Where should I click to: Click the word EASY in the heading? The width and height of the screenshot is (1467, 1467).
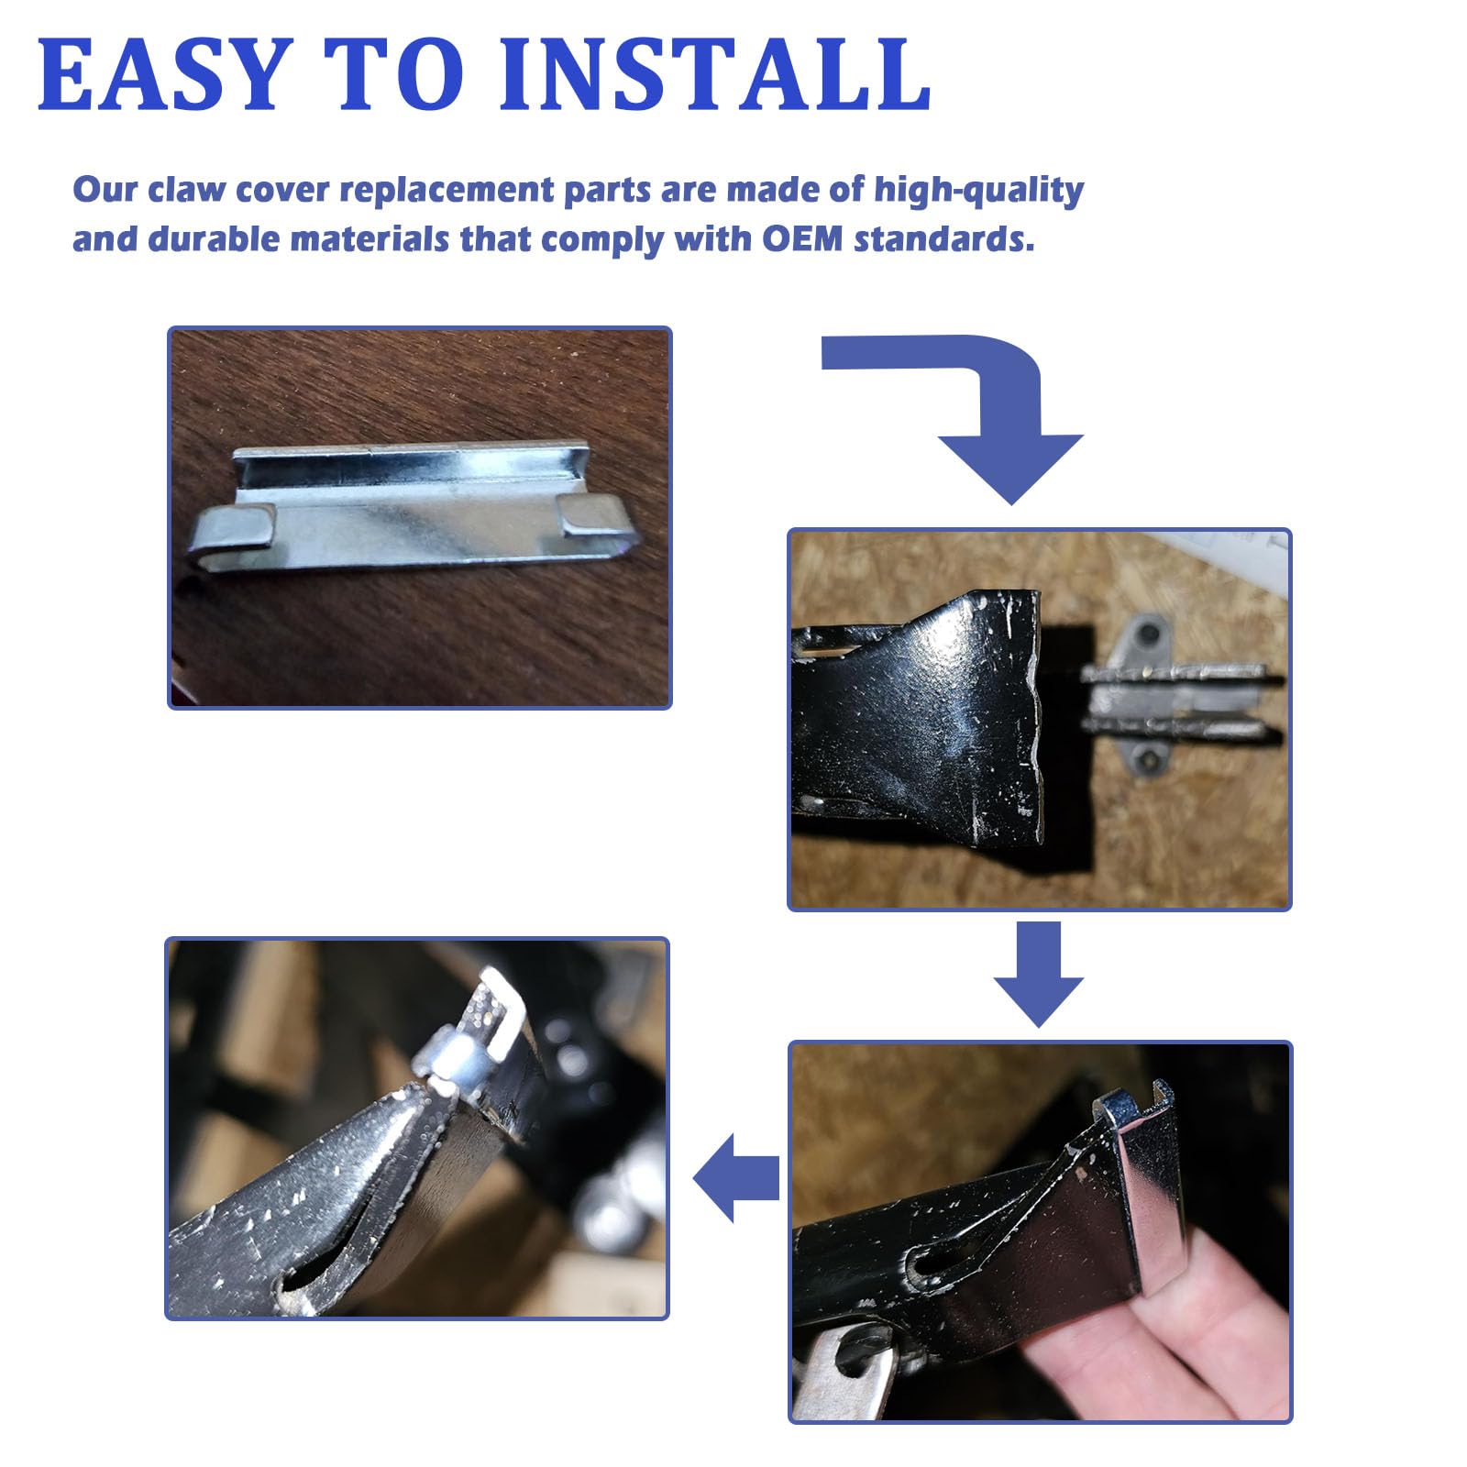(x=162, y=74)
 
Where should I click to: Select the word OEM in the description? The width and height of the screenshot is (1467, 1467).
(x=804, y=239)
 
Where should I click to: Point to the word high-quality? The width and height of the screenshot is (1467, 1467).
(x=979, y=191)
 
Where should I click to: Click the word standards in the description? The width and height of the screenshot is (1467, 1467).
(x=944, y=239)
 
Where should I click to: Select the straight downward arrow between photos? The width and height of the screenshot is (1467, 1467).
(x=1039, y=974)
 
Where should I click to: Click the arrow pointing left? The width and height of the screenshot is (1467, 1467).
(x=736, y=1177)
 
